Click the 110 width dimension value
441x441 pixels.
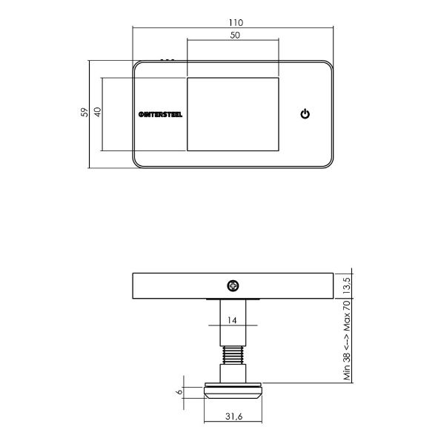click(233, 22)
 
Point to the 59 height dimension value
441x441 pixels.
click(84, 113)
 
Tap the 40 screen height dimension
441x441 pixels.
click(97, 113)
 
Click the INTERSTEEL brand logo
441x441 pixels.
click(159, 114)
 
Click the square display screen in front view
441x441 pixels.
click(233, 114)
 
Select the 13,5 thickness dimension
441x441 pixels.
click(347, 284)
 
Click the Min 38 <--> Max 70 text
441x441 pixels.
click(347, 340)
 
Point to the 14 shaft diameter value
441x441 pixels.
click(233, 321)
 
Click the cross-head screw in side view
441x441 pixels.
click(233, 285)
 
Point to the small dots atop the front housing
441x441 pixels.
click(168, 59)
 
